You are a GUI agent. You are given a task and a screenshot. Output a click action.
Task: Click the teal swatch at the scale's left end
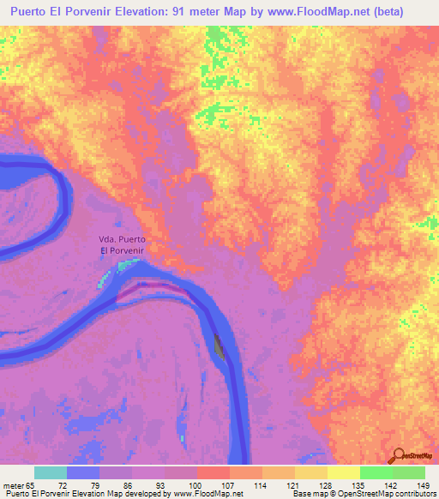click(50, 473)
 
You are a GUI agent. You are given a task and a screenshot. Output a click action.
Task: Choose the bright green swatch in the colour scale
click(376, 473)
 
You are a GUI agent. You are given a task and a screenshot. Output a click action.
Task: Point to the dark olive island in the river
click(218, 348)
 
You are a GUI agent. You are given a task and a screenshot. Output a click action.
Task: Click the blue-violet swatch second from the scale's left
click(82, 473)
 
